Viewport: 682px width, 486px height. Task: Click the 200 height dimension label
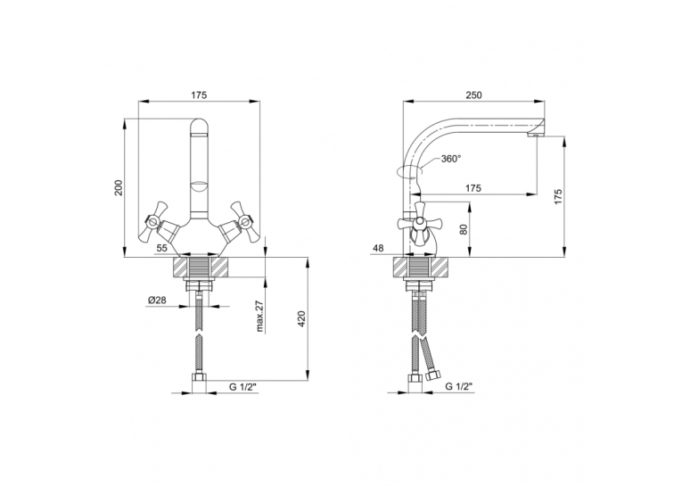(x=119, y=187)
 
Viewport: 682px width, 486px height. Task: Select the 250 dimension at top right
(x=473, y=95)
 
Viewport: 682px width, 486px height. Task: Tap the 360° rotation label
(x=450, y=159)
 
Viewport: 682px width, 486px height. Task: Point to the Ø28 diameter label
(x=158, y=301)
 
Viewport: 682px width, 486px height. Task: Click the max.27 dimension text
(x=260, y=317)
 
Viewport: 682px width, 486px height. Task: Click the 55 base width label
(x=161, y=248)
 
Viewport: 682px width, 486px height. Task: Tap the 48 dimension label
(x=378, y=248)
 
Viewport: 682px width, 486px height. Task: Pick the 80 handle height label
(x=464, y=230)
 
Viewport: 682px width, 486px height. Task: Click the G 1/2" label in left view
(x=243, y=386)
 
